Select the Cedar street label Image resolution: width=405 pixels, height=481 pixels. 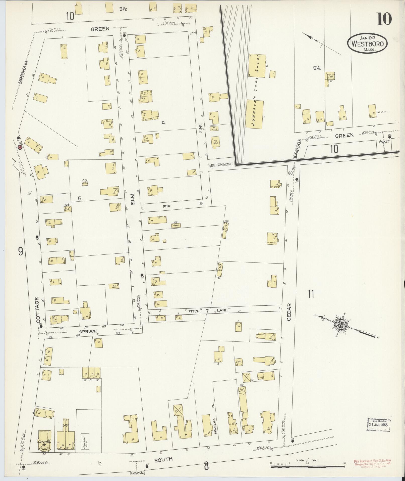tap(288, 312)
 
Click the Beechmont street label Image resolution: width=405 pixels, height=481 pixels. tap(222, 165)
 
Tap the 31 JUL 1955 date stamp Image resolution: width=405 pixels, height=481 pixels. tap(378, 424)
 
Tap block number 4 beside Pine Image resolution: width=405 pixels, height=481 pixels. tap(164, 123)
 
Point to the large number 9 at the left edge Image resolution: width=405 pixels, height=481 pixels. tap(21, 251)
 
